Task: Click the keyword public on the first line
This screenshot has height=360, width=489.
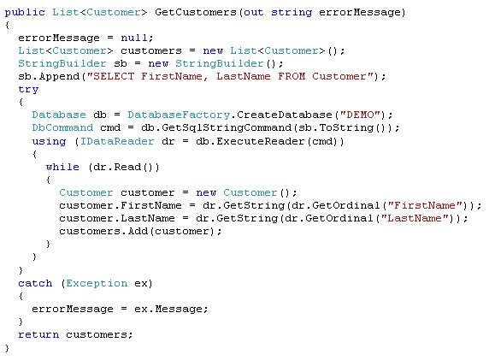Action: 25,13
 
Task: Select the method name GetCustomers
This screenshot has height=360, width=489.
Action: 196,13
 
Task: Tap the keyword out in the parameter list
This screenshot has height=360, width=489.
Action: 254,13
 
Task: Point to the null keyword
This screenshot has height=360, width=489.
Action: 133,38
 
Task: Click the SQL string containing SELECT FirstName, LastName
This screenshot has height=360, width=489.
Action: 230,76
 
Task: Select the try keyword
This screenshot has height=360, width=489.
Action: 28,90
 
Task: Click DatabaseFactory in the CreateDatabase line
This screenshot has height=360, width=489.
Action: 179,115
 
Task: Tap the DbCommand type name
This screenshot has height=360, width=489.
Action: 62,128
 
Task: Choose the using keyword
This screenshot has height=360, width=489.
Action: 49,142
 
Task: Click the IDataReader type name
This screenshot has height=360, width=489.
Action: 117,141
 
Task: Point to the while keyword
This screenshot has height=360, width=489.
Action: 62,167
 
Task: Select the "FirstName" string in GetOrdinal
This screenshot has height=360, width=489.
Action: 425,205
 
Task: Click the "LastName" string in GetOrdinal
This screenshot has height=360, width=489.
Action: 415,218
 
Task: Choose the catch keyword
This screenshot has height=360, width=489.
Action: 35,283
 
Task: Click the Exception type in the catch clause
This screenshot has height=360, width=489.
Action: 97,284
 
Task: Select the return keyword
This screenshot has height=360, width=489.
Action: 38,334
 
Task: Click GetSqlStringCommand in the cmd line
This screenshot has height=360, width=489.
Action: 227,128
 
